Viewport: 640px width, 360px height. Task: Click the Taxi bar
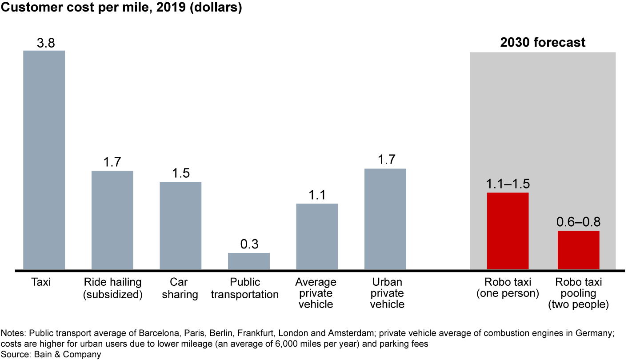pos(44,160)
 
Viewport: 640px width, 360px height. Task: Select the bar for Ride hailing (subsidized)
pos(112,220)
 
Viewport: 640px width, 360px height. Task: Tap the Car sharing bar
pos(180,225)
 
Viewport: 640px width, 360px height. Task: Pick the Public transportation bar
pos(249,261)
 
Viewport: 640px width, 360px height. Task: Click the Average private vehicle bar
pos(317,236)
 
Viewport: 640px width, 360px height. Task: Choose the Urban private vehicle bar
pos(385,219)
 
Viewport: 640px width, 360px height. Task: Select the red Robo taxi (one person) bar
pos(508,231)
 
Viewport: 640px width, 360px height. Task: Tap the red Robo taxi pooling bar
pos(578,250)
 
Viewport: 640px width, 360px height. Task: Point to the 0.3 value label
pos(249,244)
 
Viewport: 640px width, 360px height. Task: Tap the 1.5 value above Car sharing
pos(180,173)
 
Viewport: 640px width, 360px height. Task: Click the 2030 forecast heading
pos(543,43)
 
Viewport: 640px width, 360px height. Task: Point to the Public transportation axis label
pos(244,288)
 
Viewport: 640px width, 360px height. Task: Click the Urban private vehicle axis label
pos(385,293)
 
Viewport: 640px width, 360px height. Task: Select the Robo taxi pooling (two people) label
pos(578,293)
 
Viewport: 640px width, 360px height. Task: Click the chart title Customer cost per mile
pos(121,8)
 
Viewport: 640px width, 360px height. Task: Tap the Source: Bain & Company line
pos(51,354)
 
